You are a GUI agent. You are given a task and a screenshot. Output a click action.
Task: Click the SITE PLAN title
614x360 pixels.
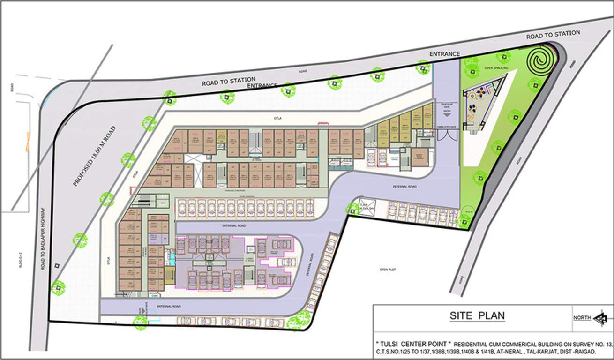point(477,315)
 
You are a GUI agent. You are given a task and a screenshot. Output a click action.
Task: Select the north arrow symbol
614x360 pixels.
point(599,318)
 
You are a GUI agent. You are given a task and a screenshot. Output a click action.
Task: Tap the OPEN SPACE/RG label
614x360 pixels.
point(496,68)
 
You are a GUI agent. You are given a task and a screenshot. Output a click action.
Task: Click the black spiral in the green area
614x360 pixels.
point(541,60)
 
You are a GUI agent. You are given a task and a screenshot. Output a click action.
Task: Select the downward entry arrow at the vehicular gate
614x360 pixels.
point(447,113)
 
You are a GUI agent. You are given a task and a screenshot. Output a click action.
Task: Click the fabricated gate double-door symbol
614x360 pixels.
point(446,135)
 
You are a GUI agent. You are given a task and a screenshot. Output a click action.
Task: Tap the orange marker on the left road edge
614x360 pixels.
point(28,142)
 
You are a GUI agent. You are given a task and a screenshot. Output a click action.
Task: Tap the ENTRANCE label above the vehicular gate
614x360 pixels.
point(444,54)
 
